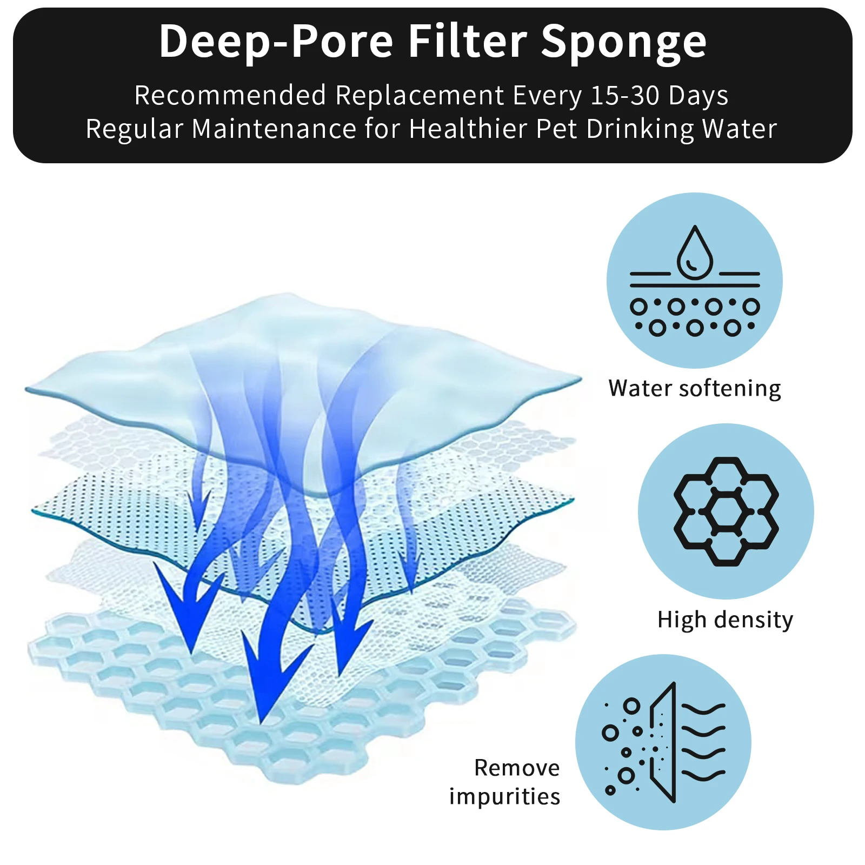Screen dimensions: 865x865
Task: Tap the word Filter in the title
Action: [x=468, y=41]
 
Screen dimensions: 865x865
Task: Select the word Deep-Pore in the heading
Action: [x=276, y=43]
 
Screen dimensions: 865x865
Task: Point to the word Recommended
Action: [x=230, y=95]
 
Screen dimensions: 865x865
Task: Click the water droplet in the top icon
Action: [x=695, y=252]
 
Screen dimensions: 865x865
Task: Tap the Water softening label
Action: [x=695, y=389]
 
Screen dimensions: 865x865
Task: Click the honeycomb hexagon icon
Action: [x=726, y=511]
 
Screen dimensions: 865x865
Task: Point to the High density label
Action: [x=725, y=620]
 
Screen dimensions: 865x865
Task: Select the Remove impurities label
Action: [x=504, y=782]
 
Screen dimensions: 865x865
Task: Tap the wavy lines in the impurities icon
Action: [x=703, y=742]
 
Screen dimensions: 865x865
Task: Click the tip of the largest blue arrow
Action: [x=261, y=724]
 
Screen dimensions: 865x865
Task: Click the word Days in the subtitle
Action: [x=698, y=96]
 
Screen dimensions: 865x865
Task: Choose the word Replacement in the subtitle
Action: [x=420, y=96]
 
